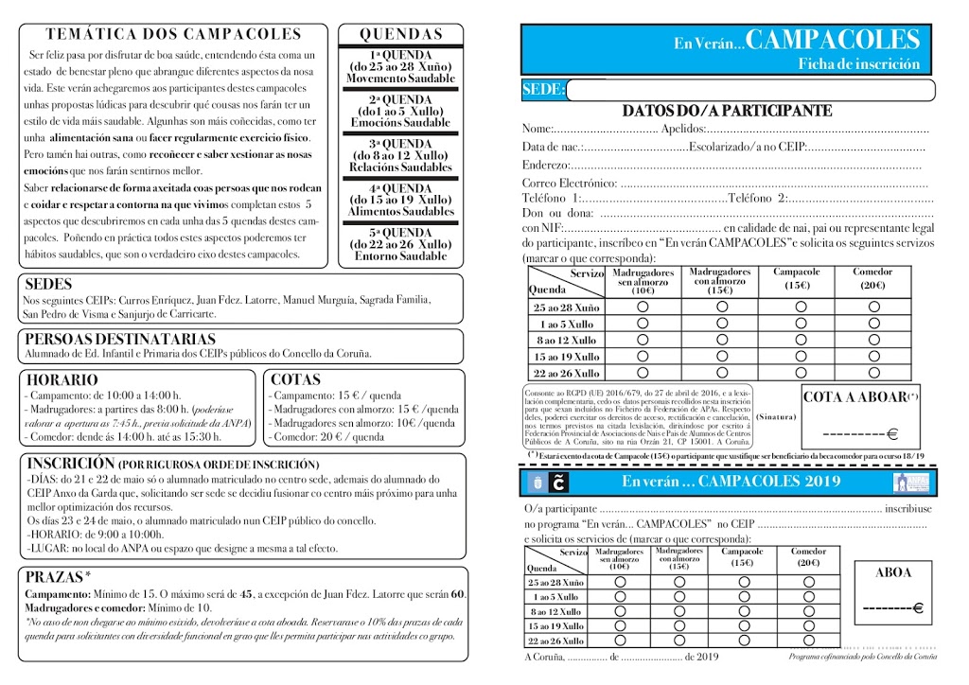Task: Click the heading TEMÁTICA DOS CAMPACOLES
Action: [x=173, y=34]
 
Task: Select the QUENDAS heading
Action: [x=400, y=34]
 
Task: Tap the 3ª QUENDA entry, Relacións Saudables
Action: [x=400, y=155]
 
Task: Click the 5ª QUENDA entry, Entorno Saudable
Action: [x=400, y=244]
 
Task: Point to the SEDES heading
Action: [x=48, y=284]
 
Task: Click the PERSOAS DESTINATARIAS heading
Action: [x=120, y=339]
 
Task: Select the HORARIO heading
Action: [x=62, y=379]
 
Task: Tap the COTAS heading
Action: [x=295, y=379]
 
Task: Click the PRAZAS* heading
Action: [x=59, y=576]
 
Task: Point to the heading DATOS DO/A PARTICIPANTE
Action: [x=727, y=111]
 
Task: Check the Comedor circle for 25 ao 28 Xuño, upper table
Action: [x=872, y=307]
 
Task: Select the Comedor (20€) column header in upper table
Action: [x=872, y=278]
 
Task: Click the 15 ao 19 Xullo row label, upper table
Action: [x=566, y=357]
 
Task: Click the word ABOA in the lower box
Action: [x=893, y=572]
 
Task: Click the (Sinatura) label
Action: [x=777, y=416]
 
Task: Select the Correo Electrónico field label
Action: [x=569, y=183]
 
